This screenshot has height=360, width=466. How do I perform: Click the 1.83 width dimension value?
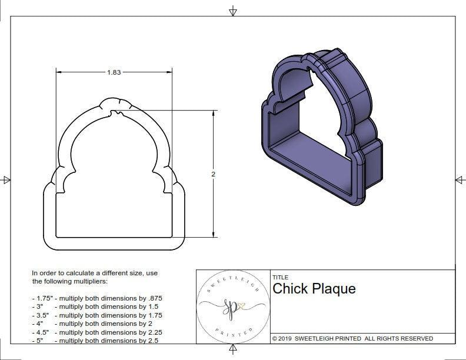[114, 72]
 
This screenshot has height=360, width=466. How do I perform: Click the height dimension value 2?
[213, 174]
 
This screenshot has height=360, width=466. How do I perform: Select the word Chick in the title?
[288, 289]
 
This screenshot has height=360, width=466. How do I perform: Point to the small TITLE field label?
[279, 278]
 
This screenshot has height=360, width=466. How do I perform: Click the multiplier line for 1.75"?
[97, 298]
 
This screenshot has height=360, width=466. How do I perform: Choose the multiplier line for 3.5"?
[97, 315]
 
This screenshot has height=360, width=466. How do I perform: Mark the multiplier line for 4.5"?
[97, 332]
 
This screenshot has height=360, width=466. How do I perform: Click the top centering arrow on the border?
[233, 10]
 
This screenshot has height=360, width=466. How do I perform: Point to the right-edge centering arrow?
[460, 179]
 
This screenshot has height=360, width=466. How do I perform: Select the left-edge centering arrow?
[6, 179]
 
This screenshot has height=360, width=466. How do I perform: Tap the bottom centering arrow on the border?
[233, 351]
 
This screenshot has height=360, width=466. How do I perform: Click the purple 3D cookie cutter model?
[321, 126]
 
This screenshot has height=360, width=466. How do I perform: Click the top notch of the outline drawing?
[114, 102]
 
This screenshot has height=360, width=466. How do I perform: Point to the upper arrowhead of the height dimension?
[213, 114]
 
